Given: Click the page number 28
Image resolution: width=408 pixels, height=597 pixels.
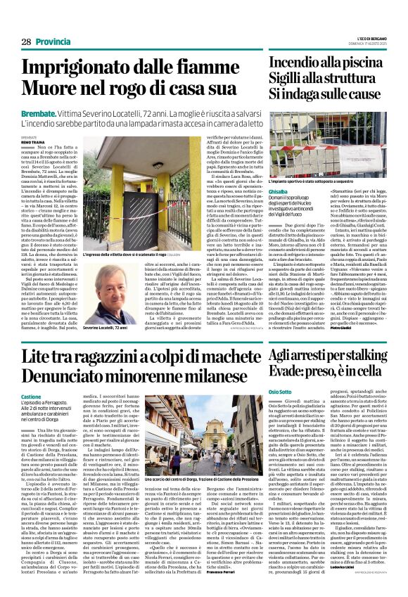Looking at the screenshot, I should [26, 41].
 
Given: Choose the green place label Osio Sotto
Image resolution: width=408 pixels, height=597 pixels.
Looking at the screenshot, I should [281, 392].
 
